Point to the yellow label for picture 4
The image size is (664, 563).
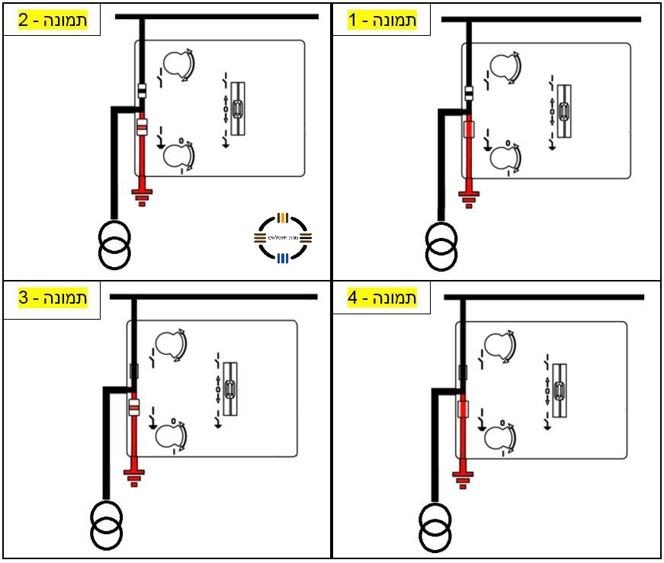pyautogui.click(x=382, y=298)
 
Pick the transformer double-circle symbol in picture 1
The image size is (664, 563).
pyautogui.click(x=441, y=246)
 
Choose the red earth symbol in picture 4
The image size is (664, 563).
pyautogui.click(x=462, y=479)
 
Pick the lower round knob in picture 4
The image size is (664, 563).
pyautogui.click(x=499, y=437)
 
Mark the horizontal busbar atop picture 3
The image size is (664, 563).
pyautogui.click(x=214, y=296)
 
